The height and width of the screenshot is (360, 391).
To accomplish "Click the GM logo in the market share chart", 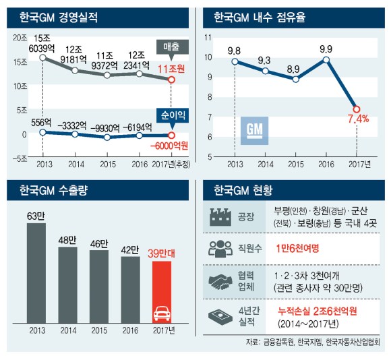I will click(x=255, y=129).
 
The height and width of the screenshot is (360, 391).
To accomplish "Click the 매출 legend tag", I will click(x=171, y=47).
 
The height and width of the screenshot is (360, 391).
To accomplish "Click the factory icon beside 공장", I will click(x=218, y=218).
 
